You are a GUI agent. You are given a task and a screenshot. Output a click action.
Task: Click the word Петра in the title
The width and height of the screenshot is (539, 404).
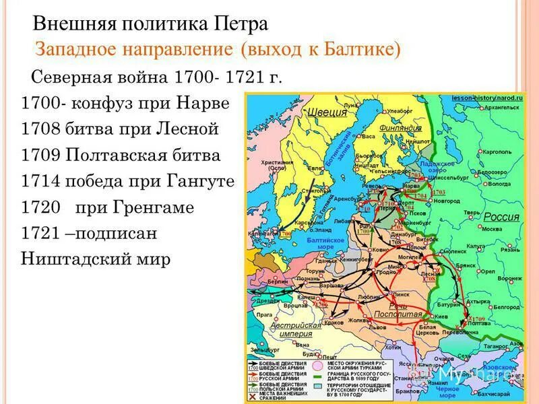click(x=239, y=25)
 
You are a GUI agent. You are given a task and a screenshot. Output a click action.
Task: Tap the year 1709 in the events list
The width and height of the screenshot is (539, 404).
click(x=42, y=156)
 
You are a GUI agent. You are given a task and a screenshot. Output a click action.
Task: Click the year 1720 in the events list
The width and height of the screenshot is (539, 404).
click(x=42, y=207)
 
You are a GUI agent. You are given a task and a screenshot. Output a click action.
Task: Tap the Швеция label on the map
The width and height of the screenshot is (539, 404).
click(x=321, y=113)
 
